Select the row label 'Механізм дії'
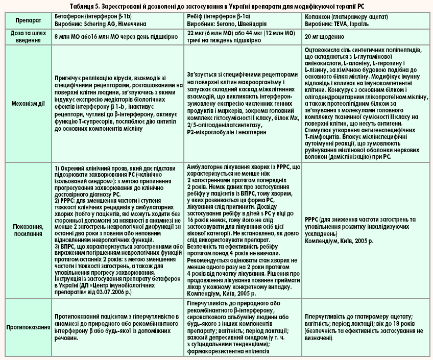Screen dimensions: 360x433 (27, 103)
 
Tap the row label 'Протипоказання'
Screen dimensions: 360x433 (27, 327)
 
